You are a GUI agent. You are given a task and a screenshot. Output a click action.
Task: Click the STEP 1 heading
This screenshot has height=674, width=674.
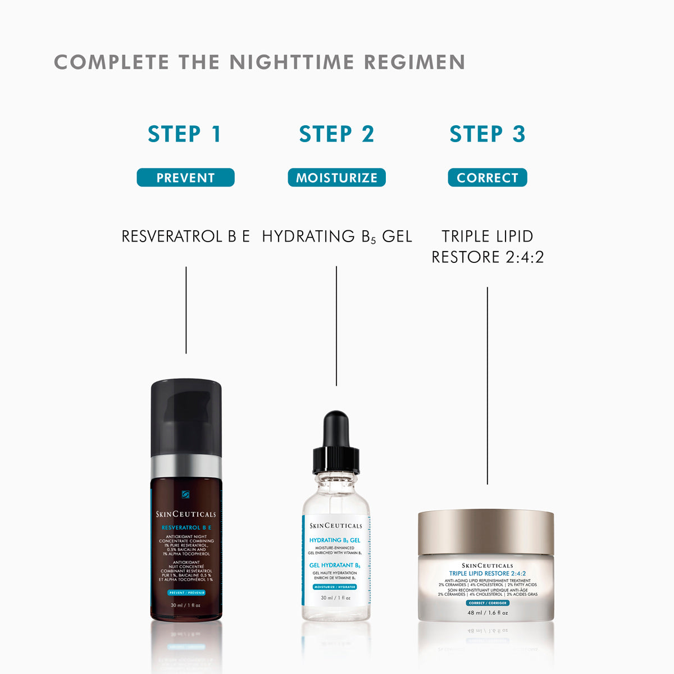coord(185,134)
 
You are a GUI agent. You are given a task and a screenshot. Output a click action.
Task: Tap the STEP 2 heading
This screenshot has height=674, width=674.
coord(336,134)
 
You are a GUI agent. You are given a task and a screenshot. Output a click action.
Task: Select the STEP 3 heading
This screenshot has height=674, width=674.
coord(488,134)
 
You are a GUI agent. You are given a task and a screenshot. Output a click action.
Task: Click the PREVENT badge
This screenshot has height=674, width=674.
coord(185,177)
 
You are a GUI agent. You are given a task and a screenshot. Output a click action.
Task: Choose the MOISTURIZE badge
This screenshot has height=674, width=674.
coord(336,177)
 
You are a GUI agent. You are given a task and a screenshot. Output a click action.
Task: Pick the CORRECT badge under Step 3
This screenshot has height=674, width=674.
coord(488,177)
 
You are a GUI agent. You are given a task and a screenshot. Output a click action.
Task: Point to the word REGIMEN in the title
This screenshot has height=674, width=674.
coord(415,62)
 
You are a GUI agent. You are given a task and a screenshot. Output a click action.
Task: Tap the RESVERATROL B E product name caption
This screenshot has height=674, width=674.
coord(185,236)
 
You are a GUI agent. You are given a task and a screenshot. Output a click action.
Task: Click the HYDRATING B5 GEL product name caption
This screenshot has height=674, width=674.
coord(336,236)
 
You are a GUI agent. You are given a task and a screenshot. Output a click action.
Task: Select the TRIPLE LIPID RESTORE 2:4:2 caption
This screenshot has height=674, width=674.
coord(488,247)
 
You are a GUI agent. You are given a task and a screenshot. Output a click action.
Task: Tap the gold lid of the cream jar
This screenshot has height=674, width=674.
coord(486,531)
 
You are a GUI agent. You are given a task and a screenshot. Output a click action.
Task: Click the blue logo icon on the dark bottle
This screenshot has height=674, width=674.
coord(185,494)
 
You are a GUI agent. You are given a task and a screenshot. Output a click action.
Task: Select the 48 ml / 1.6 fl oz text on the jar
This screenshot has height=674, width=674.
coord(488,613)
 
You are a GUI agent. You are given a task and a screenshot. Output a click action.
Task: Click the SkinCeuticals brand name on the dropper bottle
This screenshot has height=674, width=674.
coord(336,526)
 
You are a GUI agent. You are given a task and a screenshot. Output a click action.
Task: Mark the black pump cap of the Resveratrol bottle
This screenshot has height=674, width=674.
coord(186,416)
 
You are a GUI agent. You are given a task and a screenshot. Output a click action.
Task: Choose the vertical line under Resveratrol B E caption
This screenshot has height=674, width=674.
coord(186,310)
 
